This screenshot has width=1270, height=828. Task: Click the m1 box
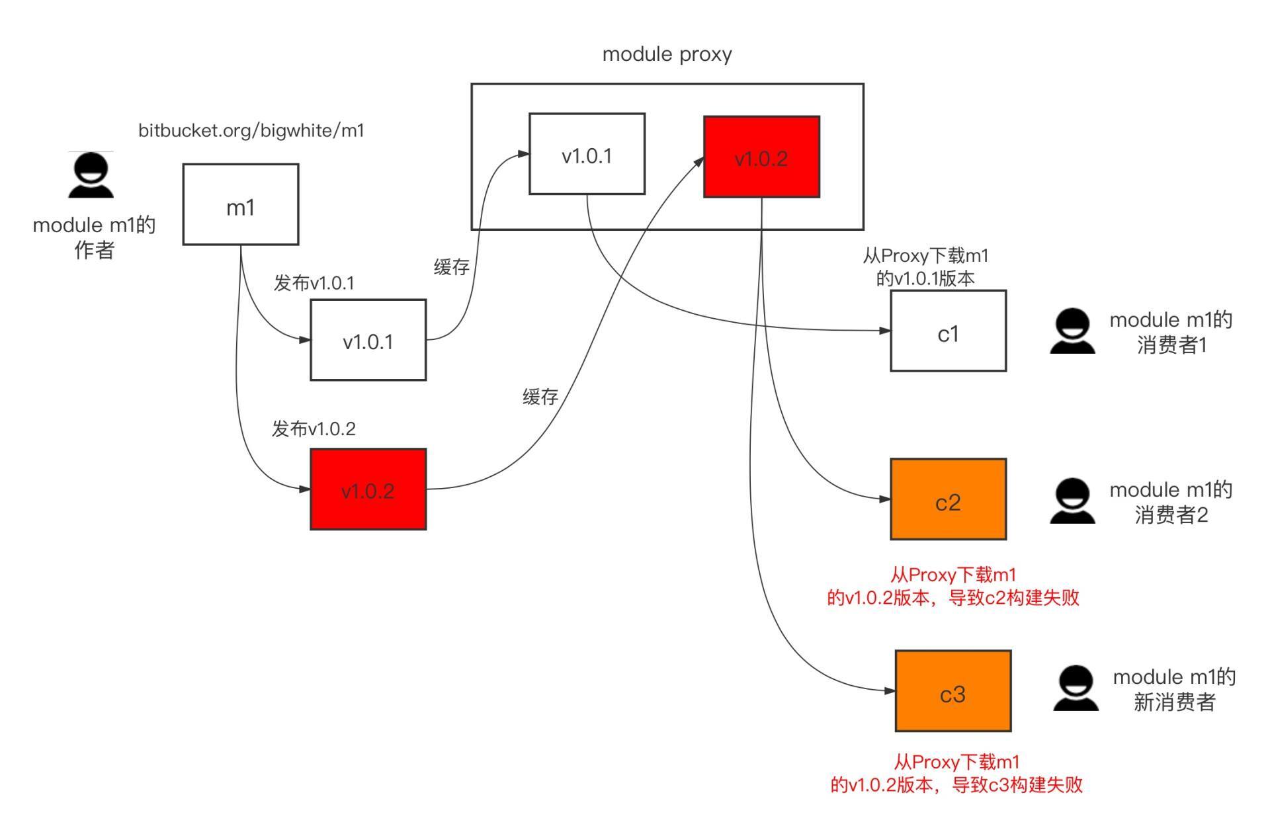click(x=241, y=205)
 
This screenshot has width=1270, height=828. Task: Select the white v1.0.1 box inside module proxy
click(x=587, y=154)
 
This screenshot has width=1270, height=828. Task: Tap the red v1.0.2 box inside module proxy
click(x=761, y=157)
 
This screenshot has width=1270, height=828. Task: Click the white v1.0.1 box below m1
click(x=368, y=340)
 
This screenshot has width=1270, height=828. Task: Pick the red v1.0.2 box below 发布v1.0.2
click(x=368, y=489)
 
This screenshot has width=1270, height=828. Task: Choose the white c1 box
click(x=948, y=331)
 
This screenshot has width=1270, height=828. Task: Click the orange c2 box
click(x=948, y=499)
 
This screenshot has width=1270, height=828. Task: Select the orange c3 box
click(x=952, y=691)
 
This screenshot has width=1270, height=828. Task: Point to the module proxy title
click(x=667, y=54)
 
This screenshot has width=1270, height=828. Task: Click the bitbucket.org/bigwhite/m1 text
click(x=251, y=130)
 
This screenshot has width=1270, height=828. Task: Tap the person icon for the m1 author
click(x=91, y=175)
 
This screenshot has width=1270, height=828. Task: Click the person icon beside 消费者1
click(x=1072, y=331)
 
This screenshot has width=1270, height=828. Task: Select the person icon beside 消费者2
click(x=1072, y=501)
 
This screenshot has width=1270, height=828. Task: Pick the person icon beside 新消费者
click(x=1076, y=688)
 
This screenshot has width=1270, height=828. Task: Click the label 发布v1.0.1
click(x=314, y=283)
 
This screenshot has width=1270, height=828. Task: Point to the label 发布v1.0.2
click(x=314, y=429)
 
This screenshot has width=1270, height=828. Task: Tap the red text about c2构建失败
click(x=952, y=587)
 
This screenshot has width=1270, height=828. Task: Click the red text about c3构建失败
click(x=956, y=774)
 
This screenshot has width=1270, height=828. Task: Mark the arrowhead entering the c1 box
click(x=884, y=330)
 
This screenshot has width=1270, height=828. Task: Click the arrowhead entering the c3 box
click(x=890, y=691)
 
